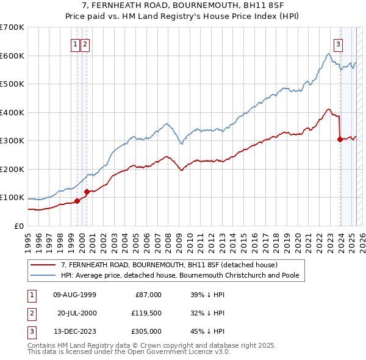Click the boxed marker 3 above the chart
click(x=337, y=43)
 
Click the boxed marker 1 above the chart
click(x=75, y=43)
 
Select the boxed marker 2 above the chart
click(x=85, y=43)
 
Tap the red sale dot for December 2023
click(x=340, y=139)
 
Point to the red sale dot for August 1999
click(x=77, y=201)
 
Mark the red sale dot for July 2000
click(x=87, y=192)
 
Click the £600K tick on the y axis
click(x=12, y=56)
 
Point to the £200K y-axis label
click(x=12, y=169)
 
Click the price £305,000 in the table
click(x=147, y=332)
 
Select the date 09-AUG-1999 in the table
click(x=75, y=295)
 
